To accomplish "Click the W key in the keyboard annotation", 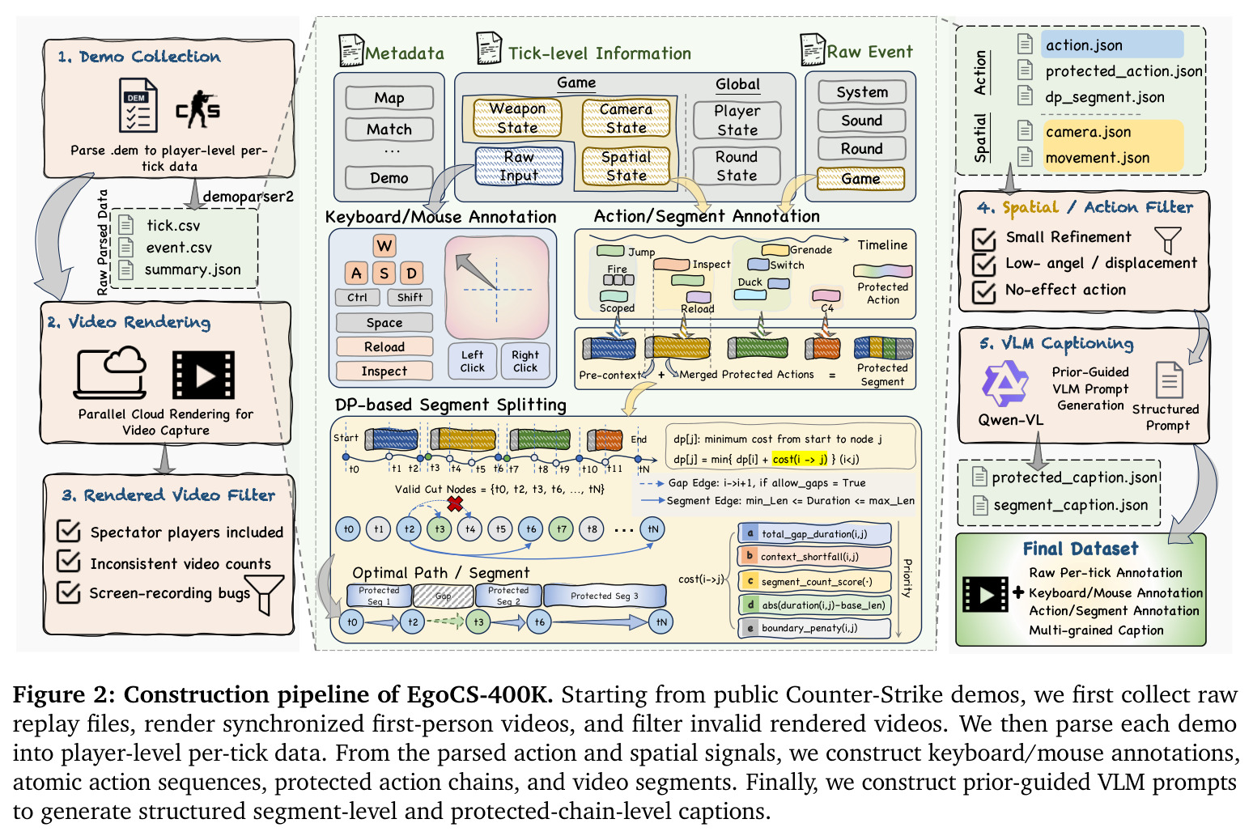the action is (x=384, y=245).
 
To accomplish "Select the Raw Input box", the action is (x=519, y=166).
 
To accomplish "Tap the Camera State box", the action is (x=626, y=118).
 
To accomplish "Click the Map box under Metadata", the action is (x=389, y=98).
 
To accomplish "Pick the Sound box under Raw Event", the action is (x=861, y=121).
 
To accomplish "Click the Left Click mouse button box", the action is (x=472, y=361).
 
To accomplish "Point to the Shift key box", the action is (x=410, y=298).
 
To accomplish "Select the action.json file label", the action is (x=1084, y=45).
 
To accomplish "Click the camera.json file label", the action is (x=1088, y=132).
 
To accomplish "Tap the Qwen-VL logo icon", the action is (x=1005, y=383).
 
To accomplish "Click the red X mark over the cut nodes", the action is (x=455, y=504).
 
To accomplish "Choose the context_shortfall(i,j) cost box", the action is (x=814, y=557).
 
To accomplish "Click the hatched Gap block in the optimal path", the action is (x=443, y=596).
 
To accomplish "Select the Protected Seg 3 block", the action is (x=605, y=596).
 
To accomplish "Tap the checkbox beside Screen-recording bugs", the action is (x=69, y=592).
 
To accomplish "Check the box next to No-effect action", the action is (x=984, y=291).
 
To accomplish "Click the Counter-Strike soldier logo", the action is (x=198, y=109).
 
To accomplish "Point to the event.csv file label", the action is (x=178, y=247).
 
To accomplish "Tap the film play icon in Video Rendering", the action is (x=204, y=375).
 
